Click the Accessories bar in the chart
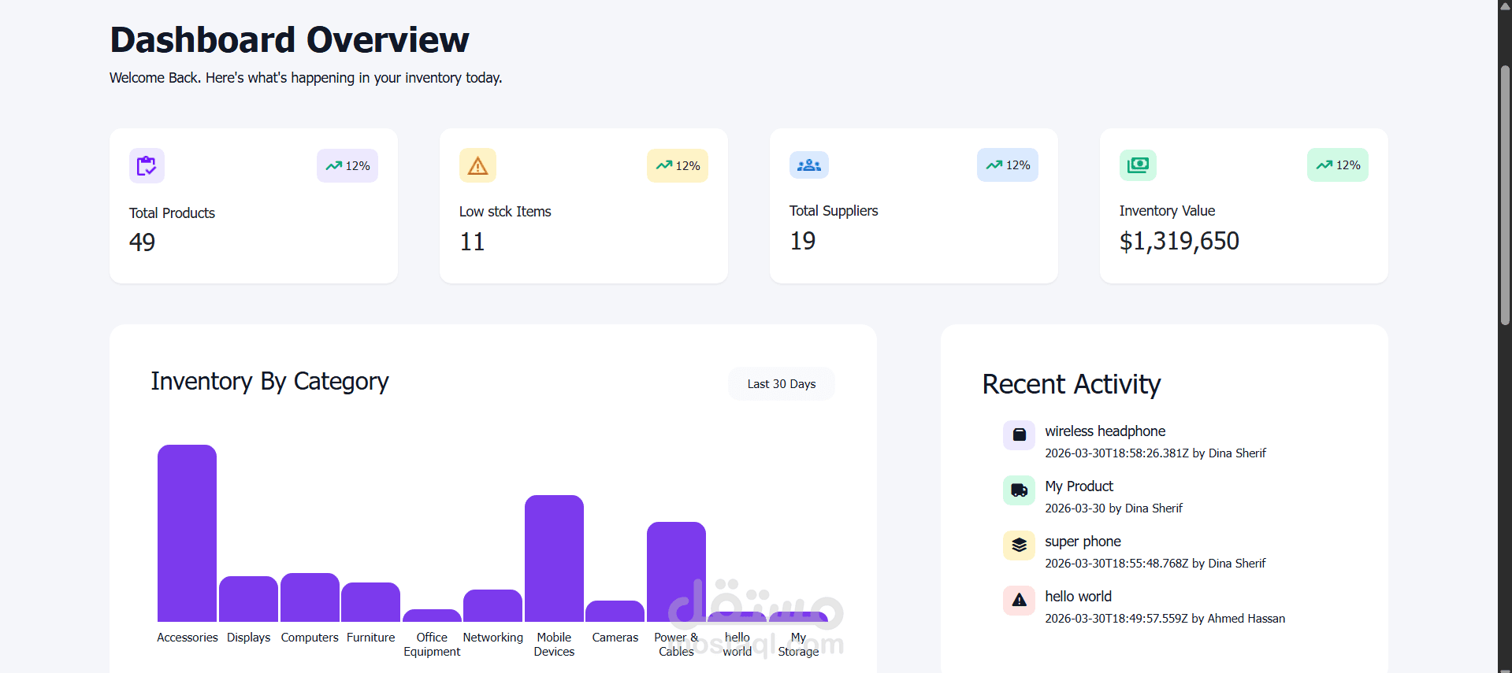coord(187,533)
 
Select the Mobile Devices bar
coord(554,558)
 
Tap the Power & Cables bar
coord(676,571)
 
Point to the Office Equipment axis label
coord(432,644)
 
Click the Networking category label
coord(492,638)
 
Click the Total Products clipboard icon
coord(147,165)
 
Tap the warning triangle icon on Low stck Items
coord(477,165)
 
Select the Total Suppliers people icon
coord(809,165)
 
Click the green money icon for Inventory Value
coord(1138,165)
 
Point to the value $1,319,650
coord(1179,241)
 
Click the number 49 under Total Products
coord(142,242)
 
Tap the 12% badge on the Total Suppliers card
coord(1008,165)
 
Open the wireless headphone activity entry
coord(1105,431)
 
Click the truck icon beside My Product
coord(1019,490)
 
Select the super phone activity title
coord(1083,542)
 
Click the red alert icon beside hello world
coord(1019,601)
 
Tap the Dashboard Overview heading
coord(289,40)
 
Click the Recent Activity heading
coord(1072,384)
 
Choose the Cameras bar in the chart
coord(615,611)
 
